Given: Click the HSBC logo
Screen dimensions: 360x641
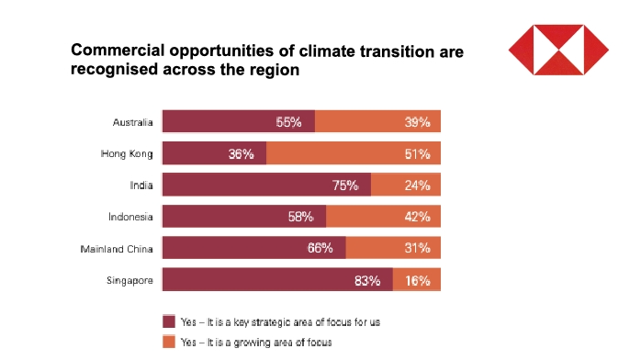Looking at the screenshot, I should tap(558, 51).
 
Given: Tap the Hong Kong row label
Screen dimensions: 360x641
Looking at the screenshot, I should tap(129, 153).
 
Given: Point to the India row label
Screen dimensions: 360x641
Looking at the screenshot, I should tap(141, 186).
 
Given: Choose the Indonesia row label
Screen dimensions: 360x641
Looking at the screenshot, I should tap(132, 217).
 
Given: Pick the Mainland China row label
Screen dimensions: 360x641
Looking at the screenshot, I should tap(118, 249).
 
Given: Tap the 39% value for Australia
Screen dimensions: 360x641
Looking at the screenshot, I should tap(417, 122).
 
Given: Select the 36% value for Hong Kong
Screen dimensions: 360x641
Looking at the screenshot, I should tap(242, 153).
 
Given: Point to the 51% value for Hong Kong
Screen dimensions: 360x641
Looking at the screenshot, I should tap(417, 153).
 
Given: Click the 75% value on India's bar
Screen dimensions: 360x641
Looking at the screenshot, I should tap(345, 186).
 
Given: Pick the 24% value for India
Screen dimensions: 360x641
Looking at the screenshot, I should tap(417, 186).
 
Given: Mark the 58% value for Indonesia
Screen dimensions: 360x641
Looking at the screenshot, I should tap(301, 217).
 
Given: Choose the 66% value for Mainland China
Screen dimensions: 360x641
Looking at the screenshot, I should tap(320, 249).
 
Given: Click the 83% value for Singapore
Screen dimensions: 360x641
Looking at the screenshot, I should tap(367, 280).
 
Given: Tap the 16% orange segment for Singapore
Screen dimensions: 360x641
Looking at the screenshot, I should tap(417, 280).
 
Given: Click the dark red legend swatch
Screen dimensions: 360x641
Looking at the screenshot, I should tap(168, 321).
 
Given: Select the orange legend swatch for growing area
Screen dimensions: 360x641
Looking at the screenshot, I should tap(168, 342).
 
